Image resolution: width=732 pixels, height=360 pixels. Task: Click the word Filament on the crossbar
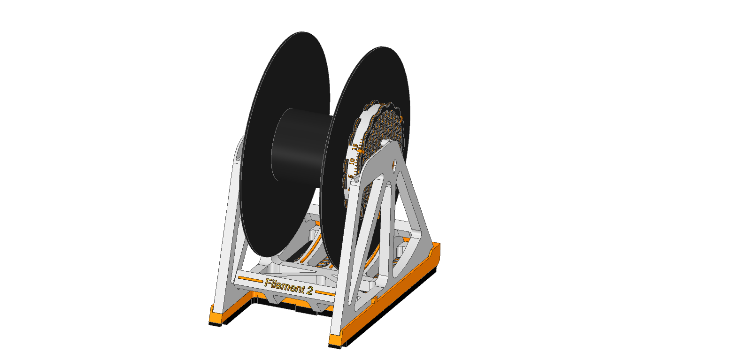pos(284,285)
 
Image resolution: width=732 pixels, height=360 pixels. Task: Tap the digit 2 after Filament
pos(309,291)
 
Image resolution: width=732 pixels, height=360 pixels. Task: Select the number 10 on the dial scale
pos(351,161)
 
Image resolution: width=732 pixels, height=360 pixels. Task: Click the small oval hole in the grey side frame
pos(395,164)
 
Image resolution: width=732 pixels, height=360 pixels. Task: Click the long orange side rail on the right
pos(394,291)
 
